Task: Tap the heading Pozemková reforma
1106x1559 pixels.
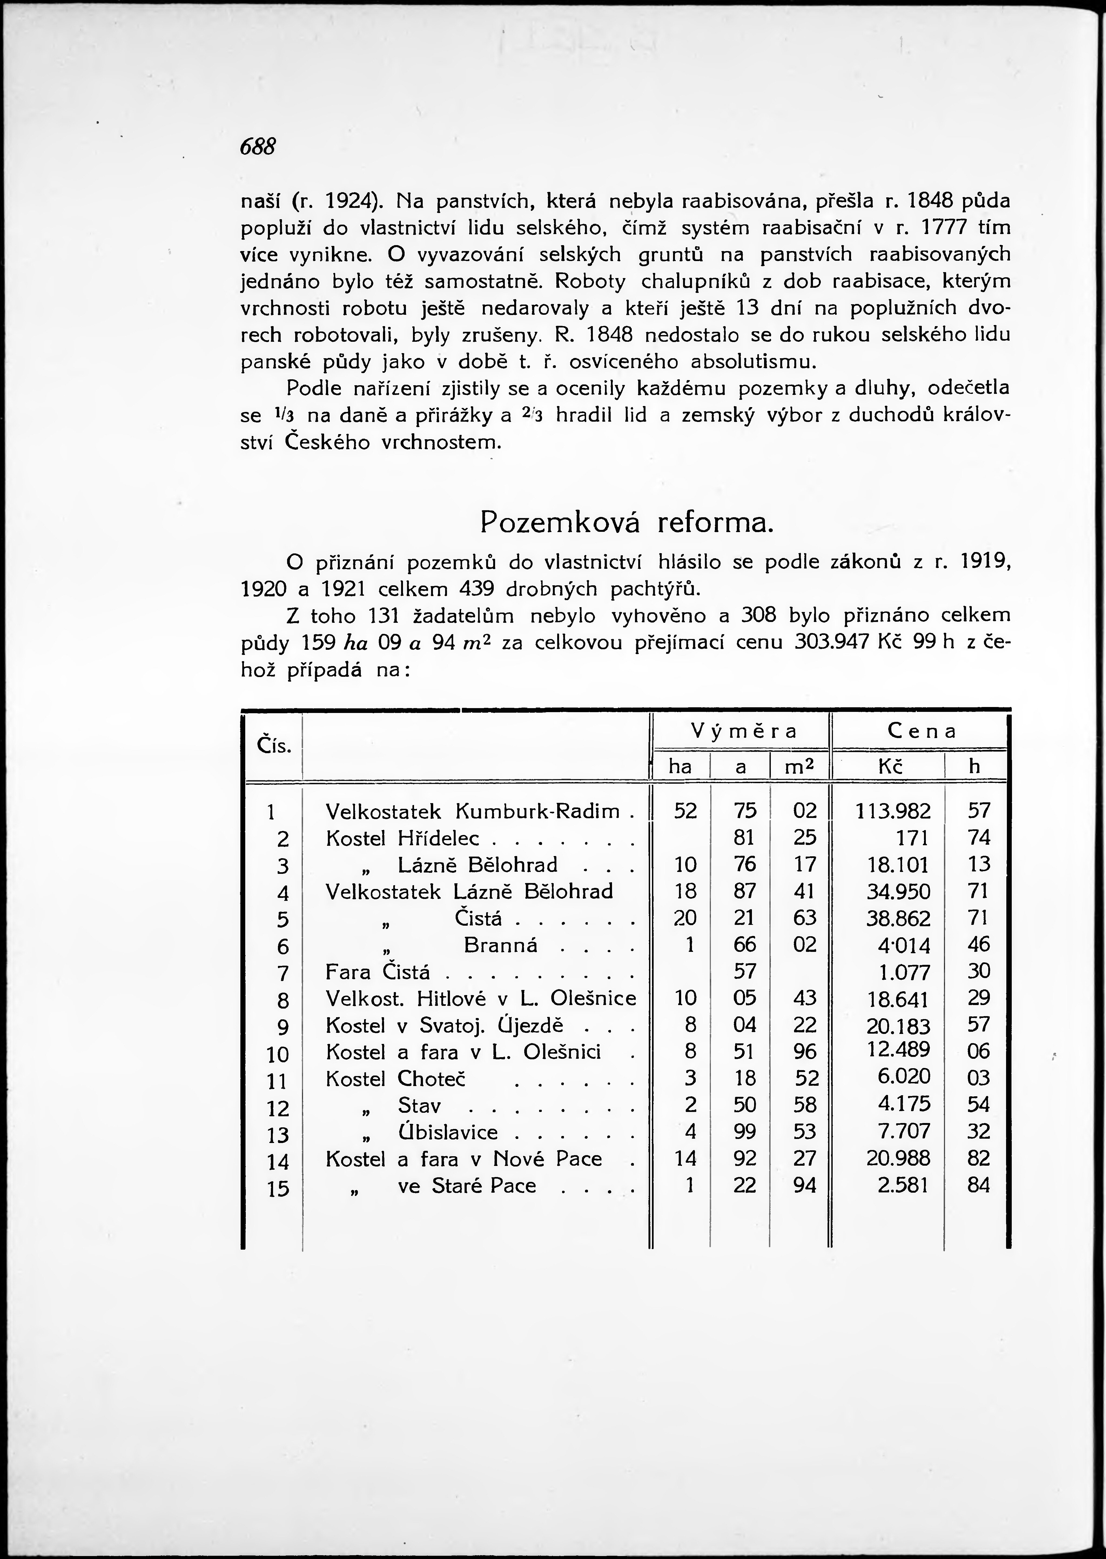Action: coord(627,522)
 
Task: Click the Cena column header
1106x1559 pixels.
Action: coord(922,731)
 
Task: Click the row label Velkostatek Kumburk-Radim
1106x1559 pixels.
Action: coord(473,811)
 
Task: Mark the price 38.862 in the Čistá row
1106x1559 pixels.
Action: coord(897,919)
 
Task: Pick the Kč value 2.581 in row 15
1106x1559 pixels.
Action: coord(903,1186)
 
